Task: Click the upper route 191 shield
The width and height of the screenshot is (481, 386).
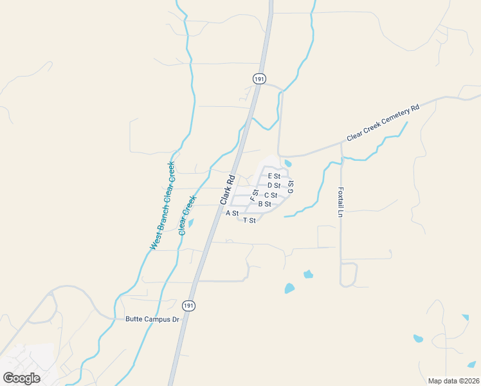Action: coord(259,78)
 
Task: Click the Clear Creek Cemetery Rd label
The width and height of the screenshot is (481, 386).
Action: coord(383,124)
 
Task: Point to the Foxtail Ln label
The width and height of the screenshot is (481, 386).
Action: coord(341,202)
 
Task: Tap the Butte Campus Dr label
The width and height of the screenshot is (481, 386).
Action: coord(152,319)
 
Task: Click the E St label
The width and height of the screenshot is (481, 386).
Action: coord(274,176)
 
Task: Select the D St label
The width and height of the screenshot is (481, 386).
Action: coord(274,185)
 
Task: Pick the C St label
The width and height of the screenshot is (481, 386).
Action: coord(271,195)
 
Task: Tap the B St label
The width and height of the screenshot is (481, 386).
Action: coord(264,204)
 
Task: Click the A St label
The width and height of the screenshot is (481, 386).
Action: coord(232,213)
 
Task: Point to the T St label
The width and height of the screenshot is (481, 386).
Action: coord(250,221)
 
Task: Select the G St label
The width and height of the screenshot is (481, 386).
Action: coord(291,187)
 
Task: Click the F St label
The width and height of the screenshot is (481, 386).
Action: coord(254,193)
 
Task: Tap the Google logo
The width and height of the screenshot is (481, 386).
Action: coord(21,378)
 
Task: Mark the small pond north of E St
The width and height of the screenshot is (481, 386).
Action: coord(287,163)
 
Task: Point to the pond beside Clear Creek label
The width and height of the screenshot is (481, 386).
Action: coord(190,224)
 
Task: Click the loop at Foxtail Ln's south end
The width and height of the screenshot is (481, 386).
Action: coord(349,275)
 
